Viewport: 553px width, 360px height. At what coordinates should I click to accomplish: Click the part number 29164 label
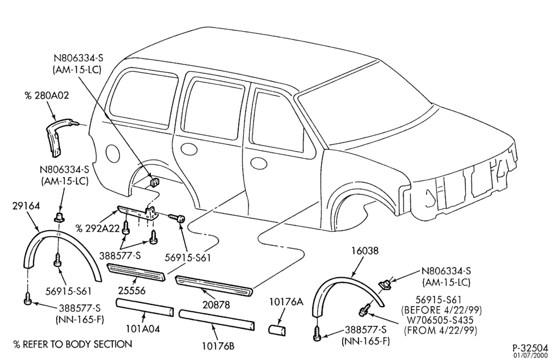27,206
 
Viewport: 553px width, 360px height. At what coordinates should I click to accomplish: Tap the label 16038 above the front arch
365,251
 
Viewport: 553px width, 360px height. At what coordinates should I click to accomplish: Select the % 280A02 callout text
47,96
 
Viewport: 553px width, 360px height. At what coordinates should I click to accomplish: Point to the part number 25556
132,291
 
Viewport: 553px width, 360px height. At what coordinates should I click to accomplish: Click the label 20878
216,304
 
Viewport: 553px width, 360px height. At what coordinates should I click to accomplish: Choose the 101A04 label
143,329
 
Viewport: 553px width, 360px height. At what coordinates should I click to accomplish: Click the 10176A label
286,302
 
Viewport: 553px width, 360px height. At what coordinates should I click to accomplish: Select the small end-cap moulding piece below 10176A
278,331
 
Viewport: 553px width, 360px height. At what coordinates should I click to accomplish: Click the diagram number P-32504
530,347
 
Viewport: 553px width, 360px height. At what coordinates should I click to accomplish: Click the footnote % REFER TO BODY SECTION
73,344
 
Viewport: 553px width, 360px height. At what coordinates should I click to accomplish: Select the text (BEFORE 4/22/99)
441,310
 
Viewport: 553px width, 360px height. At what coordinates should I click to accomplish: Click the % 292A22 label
98,228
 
